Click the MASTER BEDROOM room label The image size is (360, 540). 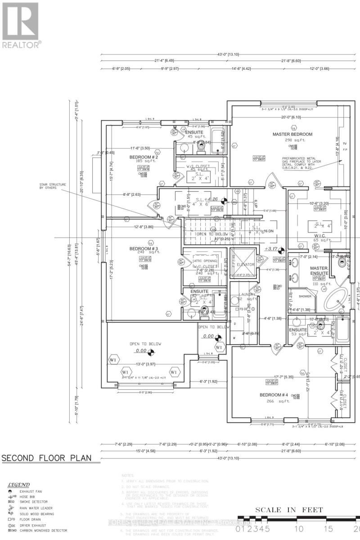tap(292, 134)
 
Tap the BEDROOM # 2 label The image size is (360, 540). tap(143, 157)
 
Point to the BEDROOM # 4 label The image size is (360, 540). tap(274, 395)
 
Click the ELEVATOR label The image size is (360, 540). tap(247, 265)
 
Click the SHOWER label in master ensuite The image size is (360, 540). tap(305, 296)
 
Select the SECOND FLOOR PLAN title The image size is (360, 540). tap(46, 458)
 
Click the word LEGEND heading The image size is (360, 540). tap(18, 485)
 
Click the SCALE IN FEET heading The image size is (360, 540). tap(289, 510)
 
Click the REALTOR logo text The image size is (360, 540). tap(22, 44)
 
